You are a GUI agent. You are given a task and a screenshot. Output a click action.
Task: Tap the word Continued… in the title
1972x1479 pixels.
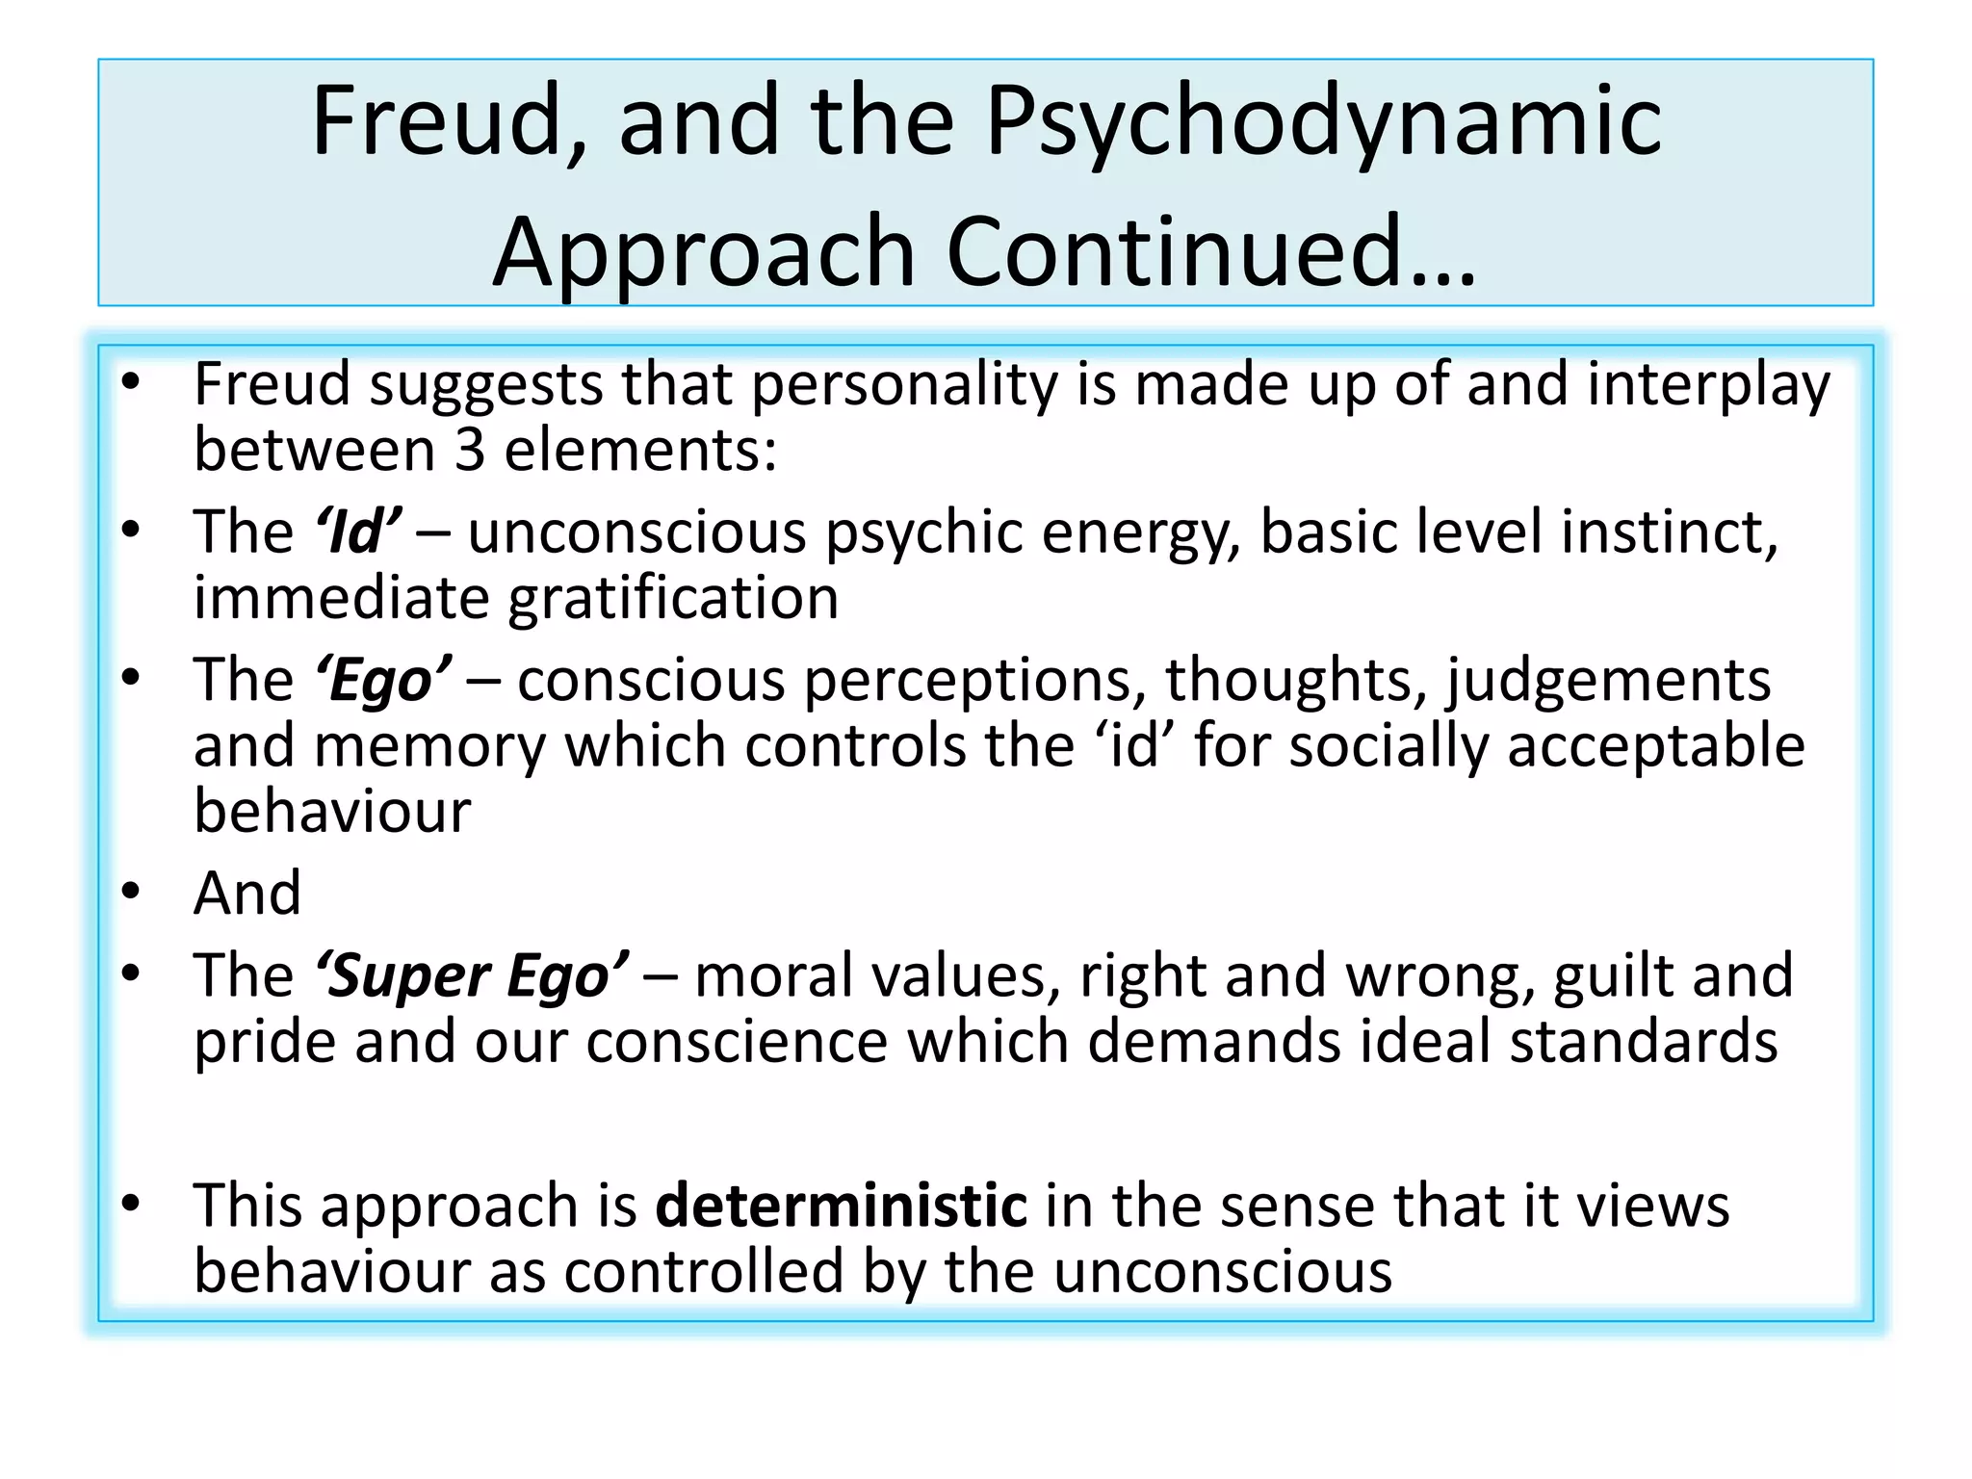tap(1211, 252)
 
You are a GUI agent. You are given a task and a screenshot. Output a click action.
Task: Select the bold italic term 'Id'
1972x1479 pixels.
tap(357, 532)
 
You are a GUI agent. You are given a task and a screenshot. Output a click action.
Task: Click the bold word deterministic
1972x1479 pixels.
tap(841, 1205)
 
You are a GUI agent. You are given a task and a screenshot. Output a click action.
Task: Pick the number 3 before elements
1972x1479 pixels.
tap(469, 450)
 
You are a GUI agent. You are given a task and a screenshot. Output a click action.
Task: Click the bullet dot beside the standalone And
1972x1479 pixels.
tap(131, 893)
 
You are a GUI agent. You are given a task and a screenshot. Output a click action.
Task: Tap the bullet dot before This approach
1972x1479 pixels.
tap(131, 1204)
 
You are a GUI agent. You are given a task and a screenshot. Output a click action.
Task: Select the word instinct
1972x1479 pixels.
tap(1669, 532)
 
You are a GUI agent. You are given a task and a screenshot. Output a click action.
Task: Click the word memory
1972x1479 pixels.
tap(429, 747)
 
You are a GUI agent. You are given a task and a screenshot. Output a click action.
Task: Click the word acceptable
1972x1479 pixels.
tap(1655, 746)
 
